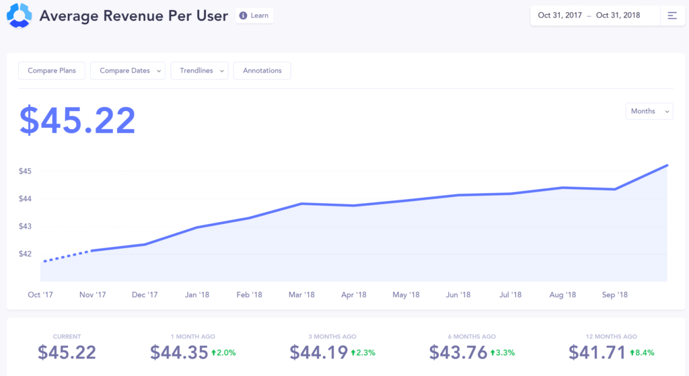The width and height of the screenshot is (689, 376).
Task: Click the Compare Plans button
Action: (x=51, y=71)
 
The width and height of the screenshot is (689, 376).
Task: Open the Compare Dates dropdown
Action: (x=128, y=71)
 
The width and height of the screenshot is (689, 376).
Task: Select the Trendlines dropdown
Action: (x=200, y=71)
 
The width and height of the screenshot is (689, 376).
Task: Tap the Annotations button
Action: (x=262, y=71)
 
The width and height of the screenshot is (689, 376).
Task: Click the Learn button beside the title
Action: (x=254, y=15)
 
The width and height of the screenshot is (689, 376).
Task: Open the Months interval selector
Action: (x=649, y=111)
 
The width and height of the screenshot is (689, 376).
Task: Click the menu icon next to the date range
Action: (x=672, y=15)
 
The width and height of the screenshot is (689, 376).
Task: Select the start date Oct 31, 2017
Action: (x=560, y=15)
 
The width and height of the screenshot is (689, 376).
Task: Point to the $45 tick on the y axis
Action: (x=26, y=171)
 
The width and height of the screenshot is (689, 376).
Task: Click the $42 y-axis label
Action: (x=26, y=254)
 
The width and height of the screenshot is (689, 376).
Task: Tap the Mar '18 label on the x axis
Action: (x=301, y=295)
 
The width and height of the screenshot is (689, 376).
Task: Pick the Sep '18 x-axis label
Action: (x=614, y=295)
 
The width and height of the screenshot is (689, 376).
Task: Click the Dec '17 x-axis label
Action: (x=145, y=295)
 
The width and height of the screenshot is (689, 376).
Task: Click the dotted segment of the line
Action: (x=66, y=256)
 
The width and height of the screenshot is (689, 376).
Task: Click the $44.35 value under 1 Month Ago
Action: (x=179, y=352)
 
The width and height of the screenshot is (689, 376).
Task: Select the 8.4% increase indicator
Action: (x=642, y=352)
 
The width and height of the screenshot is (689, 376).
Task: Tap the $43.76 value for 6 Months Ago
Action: (x=458, y=352)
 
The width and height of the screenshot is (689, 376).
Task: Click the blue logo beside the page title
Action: (x=18, y=15)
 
